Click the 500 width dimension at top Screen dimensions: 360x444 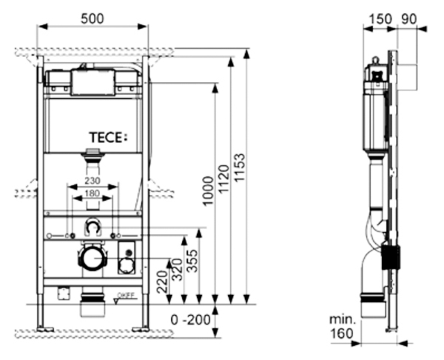coord(92,17)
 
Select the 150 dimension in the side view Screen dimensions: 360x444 coord(379,17)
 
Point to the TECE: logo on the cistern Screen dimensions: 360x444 coord(108,137)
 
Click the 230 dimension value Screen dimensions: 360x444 coord(92,180)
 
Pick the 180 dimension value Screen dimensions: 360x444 coord(92,194)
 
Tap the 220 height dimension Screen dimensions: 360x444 coord(162,282)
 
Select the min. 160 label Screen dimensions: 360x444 coord(343,327)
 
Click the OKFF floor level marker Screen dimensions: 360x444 coord(126,296)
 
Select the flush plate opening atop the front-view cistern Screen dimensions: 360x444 coord(92,83)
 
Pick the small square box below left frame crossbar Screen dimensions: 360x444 coord(63,294)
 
